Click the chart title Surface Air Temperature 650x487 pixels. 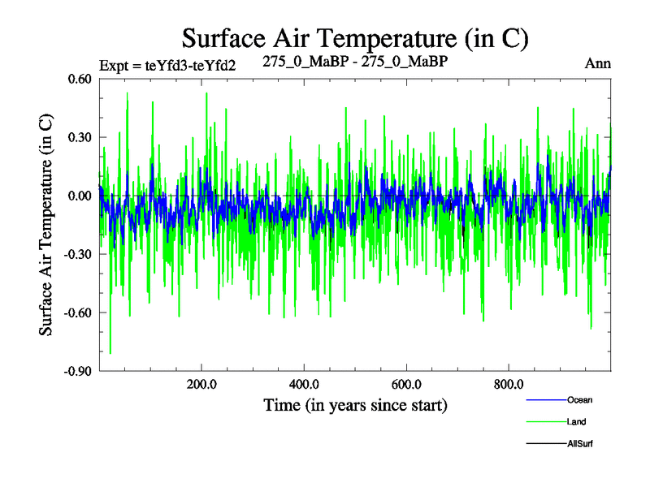point(355,37)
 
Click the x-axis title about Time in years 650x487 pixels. point(355,404)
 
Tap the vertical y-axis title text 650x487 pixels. point(47,224)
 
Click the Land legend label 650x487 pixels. point(576,422)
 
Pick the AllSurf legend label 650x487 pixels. point(580,444)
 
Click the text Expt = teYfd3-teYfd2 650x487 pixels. point(167,65)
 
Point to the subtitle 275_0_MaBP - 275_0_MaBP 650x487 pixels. point(356,61)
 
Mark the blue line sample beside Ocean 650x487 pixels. point(546,400)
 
